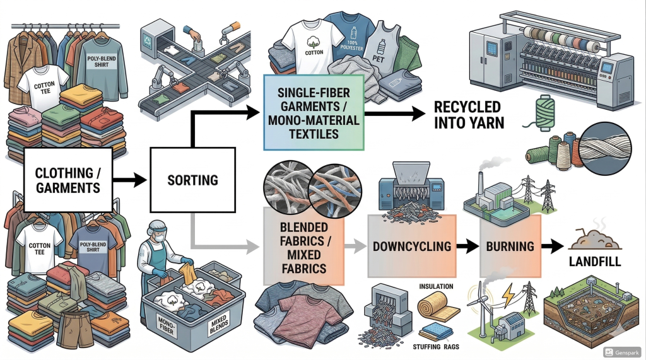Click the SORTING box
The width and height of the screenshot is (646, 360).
[192, 180]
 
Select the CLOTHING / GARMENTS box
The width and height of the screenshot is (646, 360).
[68, 179]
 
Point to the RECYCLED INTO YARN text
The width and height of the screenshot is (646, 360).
[469, 114]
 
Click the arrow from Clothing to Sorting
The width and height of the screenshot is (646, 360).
[131, 180]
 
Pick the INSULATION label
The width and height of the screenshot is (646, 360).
[435, 287]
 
